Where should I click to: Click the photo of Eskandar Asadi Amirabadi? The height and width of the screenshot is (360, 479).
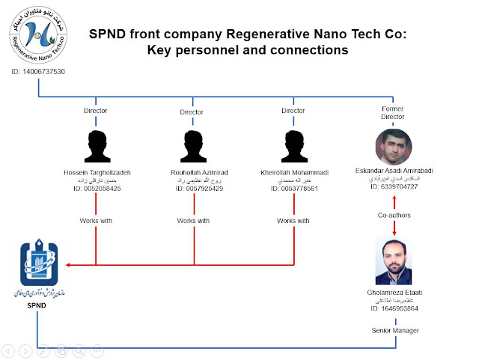pos(394,147)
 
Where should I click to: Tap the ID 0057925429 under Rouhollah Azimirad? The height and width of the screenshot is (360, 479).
pos(193,189)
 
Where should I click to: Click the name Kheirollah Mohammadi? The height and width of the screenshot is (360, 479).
pos(293,172)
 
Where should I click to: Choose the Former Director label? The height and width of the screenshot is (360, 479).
pos(393,112)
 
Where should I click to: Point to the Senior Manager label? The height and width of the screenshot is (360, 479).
pos(394,329)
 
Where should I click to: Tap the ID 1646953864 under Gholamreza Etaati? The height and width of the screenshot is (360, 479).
pos(394,308)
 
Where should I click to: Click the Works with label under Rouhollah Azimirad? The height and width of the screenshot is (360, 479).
pos(193,221)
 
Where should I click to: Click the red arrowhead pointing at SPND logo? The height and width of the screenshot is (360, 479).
pos(69,265)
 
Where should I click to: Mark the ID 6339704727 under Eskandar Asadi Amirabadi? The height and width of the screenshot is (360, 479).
pos(394,186)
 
